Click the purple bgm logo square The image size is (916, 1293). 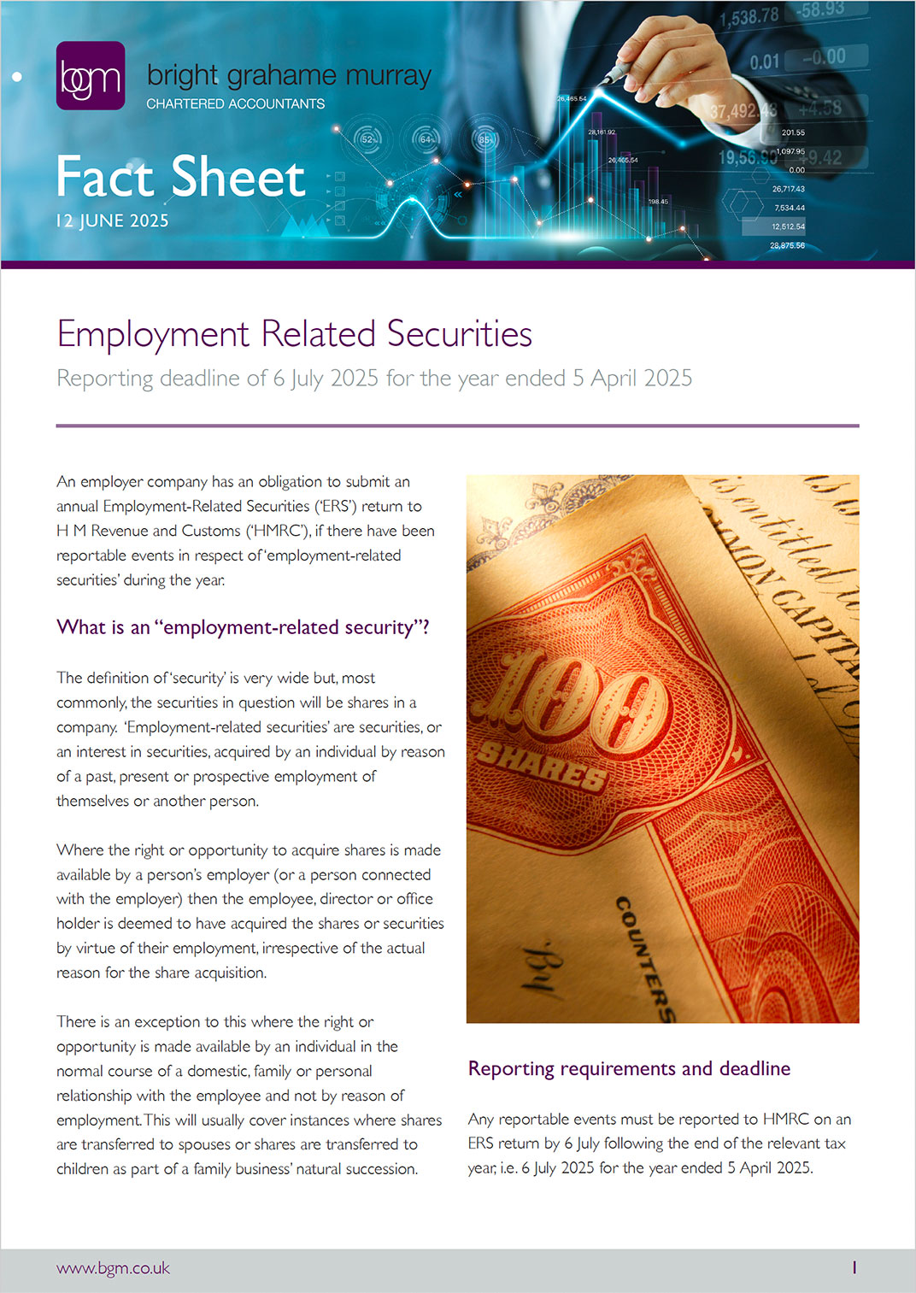(90, 76)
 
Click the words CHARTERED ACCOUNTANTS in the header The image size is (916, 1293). (235, 103)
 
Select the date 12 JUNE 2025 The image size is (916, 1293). (112, 220)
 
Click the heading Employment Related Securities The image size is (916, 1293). (294, 333)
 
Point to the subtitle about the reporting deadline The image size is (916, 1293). (374, 378)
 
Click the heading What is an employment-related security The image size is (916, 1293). (243, 627)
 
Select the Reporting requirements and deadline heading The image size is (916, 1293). (629, 1068)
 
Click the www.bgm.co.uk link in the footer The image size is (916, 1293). (113, 1268)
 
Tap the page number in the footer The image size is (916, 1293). (854, 1268)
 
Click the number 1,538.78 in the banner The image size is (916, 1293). (749, 16)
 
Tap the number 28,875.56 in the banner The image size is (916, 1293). (787, 245)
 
